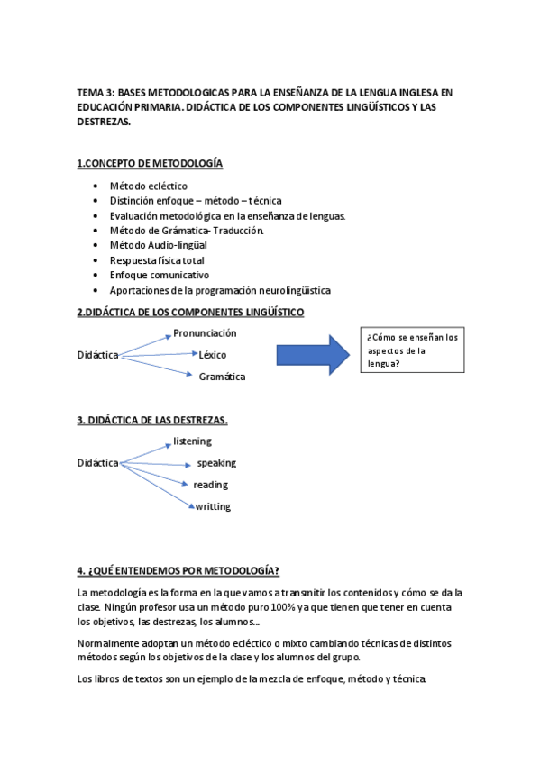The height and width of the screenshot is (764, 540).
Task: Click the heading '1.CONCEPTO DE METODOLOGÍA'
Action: click(x=150, y=163)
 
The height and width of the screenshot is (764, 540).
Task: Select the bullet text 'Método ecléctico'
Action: click(x=149, y=186)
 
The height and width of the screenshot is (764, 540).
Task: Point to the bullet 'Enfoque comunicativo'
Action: click(x=160, y=274)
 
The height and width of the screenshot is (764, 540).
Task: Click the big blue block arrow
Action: click(x=312, y=354)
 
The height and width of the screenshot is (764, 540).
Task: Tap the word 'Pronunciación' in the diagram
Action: click(x=206, y=333)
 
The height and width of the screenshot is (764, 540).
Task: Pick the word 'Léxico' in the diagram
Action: click(x=213, y=354)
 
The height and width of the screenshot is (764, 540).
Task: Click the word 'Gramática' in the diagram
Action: click(x=222, y=377)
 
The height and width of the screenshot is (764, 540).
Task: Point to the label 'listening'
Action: click(x=192, y=441)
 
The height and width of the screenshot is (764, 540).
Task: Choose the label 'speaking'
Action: click(x=216, y=463)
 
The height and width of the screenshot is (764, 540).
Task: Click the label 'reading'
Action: click(x=211, y=485)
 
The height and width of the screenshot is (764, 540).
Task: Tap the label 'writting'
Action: click(x=213, y=506)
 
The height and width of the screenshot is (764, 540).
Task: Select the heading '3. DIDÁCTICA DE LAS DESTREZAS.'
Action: click(x=152, y=420)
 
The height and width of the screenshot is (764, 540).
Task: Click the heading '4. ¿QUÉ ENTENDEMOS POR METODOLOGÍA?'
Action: click(x=178, y=570)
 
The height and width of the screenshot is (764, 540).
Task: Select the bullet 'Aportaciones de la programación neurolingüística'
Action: click(x=220, y=290)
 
